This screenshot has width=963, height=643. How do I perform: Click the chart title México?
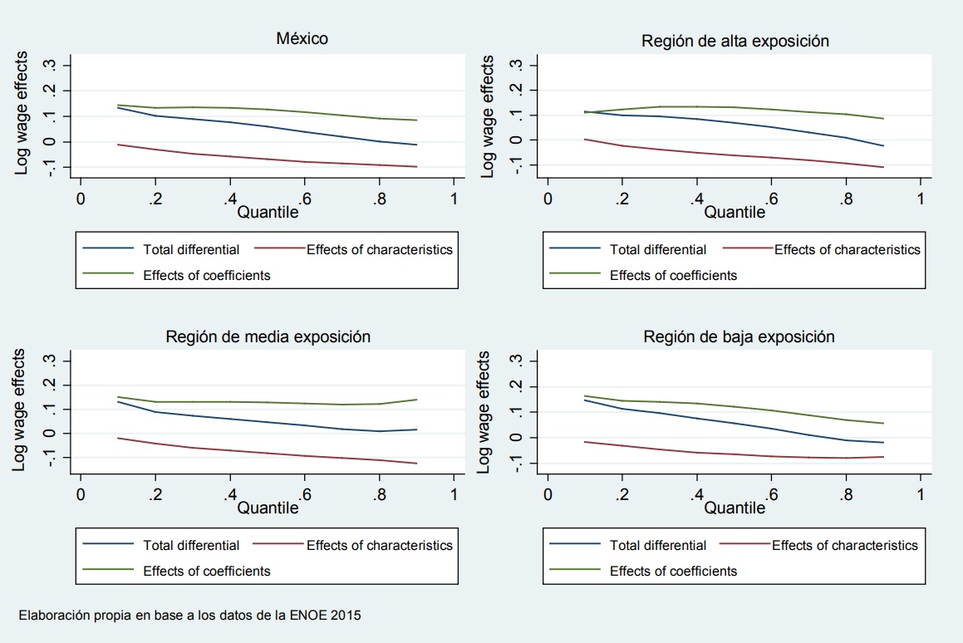302,39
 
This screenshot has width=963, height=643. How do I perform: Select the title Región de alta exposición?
735,41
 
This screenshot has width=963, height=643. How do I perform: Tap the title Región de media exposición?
268,336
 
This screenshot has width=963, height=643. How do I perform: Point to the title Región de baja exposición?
739,336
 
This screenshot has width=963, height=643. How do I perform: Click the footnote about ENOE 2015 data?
189,616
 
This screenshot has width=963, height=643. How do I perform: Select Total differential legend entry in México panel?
191,249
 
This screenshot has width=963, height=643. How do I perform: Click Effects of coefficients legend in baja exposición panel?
673,571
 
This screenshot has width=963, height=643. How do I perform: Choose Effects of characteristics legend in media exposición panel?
380,545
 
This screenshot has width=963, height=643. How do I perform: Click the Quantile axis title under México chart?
268,213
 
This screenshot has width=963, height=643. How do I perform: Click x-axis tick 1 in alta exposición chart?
920,199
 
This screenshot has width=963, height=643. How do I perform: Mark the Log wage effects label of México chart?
22,114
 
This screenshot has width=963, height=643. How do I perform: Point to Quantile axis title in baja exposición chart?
735,508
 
